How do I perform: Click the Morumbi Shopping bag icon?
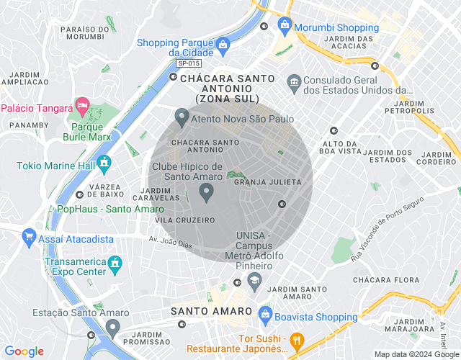(285, 26)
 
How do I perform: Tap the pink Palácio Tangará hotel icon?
(82, 108)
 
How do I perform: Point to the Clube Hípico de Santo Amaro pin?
(207, 192)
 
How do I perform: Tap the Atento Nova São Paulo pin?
(182, 116)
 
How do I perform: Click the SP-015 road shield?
(184, 63)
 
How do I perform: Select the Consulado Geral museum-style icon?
(293, 81)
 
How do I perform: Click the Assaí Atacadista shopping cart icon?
(29, 236)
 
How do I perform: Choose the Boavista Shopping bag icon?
(265, 315)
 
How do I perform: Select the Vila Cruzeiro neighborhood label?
(185, 220)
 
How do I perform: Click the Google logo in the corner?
(24, 351)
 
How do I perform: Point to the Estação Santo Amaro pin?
(112, 328)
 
